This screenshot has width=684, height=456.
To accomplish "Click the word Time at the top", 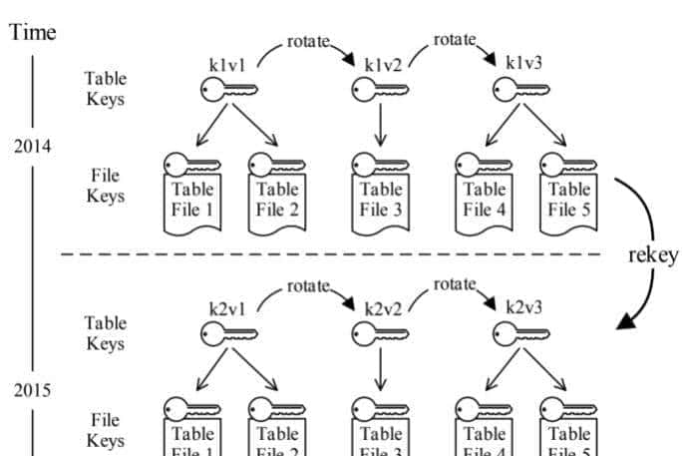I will pyautogui.click(x=33, y=32).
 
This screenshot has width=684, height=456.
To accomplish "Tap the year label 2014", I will pyautogui.click(x=33, y=147).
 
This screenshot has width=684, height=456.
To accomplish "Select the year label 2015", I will pyautogui.click(x=33, y=389).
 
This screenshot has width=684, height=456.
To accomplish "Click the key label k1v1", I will pyautogui.click(x=226, y=63).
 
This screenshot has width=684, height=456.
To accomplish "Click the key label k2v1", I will pyautogui.click(x=226, y=307).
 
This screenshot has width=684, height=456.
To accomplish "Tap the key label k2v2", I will pyautogui.click(x=382, y=308).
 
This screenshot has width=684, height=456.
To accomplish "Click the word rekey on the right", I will pyautogui.click(x=653, y=254).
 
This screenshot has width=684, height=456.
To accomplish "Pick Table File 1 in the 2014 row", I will pyautogui.click(x=192, y=199).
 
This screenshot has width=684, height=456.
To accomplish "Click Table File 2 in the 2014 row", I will pyautogui.click(x=277, y=199).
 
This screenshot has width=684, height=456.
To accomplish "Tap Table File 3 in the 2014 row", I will pyautogui.click(x=381, y=199).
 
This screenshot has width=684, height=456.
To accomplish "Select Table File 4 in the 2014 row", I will pyautogui.click(x=485, y=199).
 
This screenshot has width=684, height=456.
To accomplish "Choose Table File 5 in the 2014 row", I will pyautogui.click(x=569, y=199).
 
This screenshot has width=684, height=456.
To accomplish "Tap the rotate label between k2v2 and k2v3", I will pyautogui.click(x=455, y=285).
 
